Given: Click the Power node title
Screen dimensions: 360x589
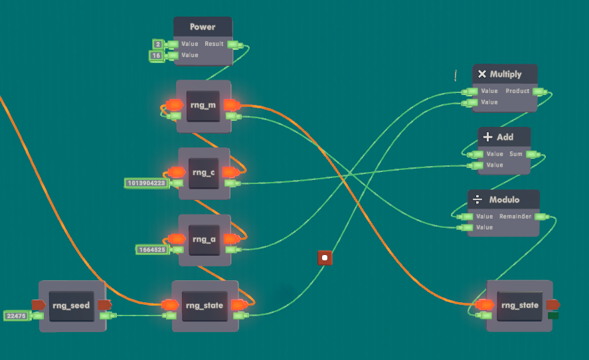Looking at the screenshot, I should coord(203,27).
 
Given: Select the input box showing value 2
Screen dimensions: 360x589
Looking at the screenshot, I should coord(157,44).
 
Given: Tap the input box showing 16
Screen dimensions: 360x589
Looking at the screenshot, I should coord(157,55).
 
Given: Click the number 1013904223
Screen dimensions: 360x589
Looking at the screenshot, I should coord(145,183).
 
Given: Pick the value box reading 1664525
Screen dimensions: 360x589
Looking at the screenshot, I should coord(151,250).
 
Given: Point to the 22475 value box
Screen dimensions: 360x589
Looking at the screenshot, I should coord(15,316).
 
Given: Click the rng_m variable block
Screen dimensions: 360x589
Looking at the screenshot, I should coord(203,106).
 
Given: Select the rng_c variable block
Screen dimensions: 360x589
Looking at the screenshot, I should coord(203,173).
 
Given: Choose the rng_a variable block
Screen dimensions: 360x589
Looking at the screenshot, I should coord(203,239).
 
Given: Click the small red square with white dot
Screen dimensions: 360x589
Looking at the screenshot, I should coord(324,258).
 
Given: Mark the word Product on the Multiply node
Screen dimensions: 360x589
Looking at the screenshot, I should coord(517,91).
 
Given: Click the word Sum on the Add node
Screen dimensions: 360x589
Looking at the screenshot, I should coord(516,154).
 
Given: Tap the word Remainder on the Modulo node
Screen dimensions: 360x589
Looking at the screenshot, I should coord(515,217).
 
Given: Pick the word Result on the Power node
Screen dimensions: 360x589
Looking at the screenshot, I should coord(214,44).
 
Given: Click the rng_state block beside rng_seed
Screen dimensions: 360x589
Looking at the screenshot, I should coord(205,306).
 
